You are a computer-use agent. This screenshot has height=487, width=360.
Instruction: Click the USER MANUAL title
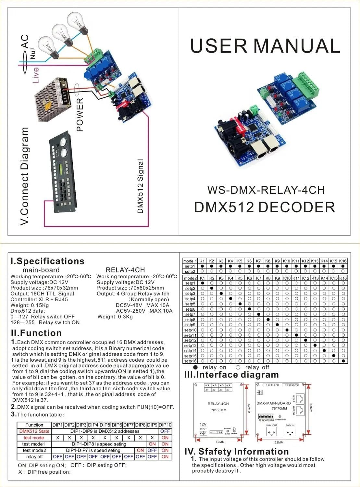tap(265, 46)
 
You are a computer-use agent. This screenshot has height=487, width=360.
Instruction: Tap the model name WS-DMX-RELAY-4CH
tap(266, 190)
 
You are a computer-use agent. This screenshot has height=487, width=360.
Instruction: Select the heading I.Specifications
tap(47, 261)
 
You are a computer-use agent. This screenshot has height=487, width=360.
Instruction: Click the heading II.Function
tap(36, 333)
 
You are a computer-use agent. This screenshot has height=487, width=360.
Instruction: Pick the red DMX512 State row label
tap(34, 431)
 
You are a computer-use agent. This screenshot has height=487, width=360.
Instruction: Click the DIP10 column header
tap(165, 425)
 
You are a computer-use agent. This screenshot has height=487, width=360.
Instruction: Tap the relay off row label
tap(34, 456)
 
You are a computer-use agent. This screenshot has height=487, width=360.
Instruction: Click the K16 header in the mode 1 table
tap(343, 261)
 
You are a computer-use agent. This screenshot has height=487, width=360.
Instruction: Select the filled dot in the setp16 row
tap(343, 361)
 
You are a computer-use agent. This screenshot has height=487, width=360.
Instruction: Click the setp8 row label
tap(190, 319)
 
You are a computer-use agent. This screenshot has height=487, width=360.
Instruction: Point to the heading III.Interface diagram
tap(231, 375)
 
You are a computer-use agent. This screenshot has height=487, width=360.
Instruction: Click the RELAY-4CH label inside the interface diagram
tap(218, 404)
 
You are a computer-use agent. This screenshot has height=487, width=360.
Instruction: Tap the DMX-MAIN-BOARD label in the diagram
tap(274, 403)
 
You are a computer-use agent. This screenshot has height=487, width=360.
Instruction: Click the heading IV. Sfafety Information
tap(237, 451)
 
